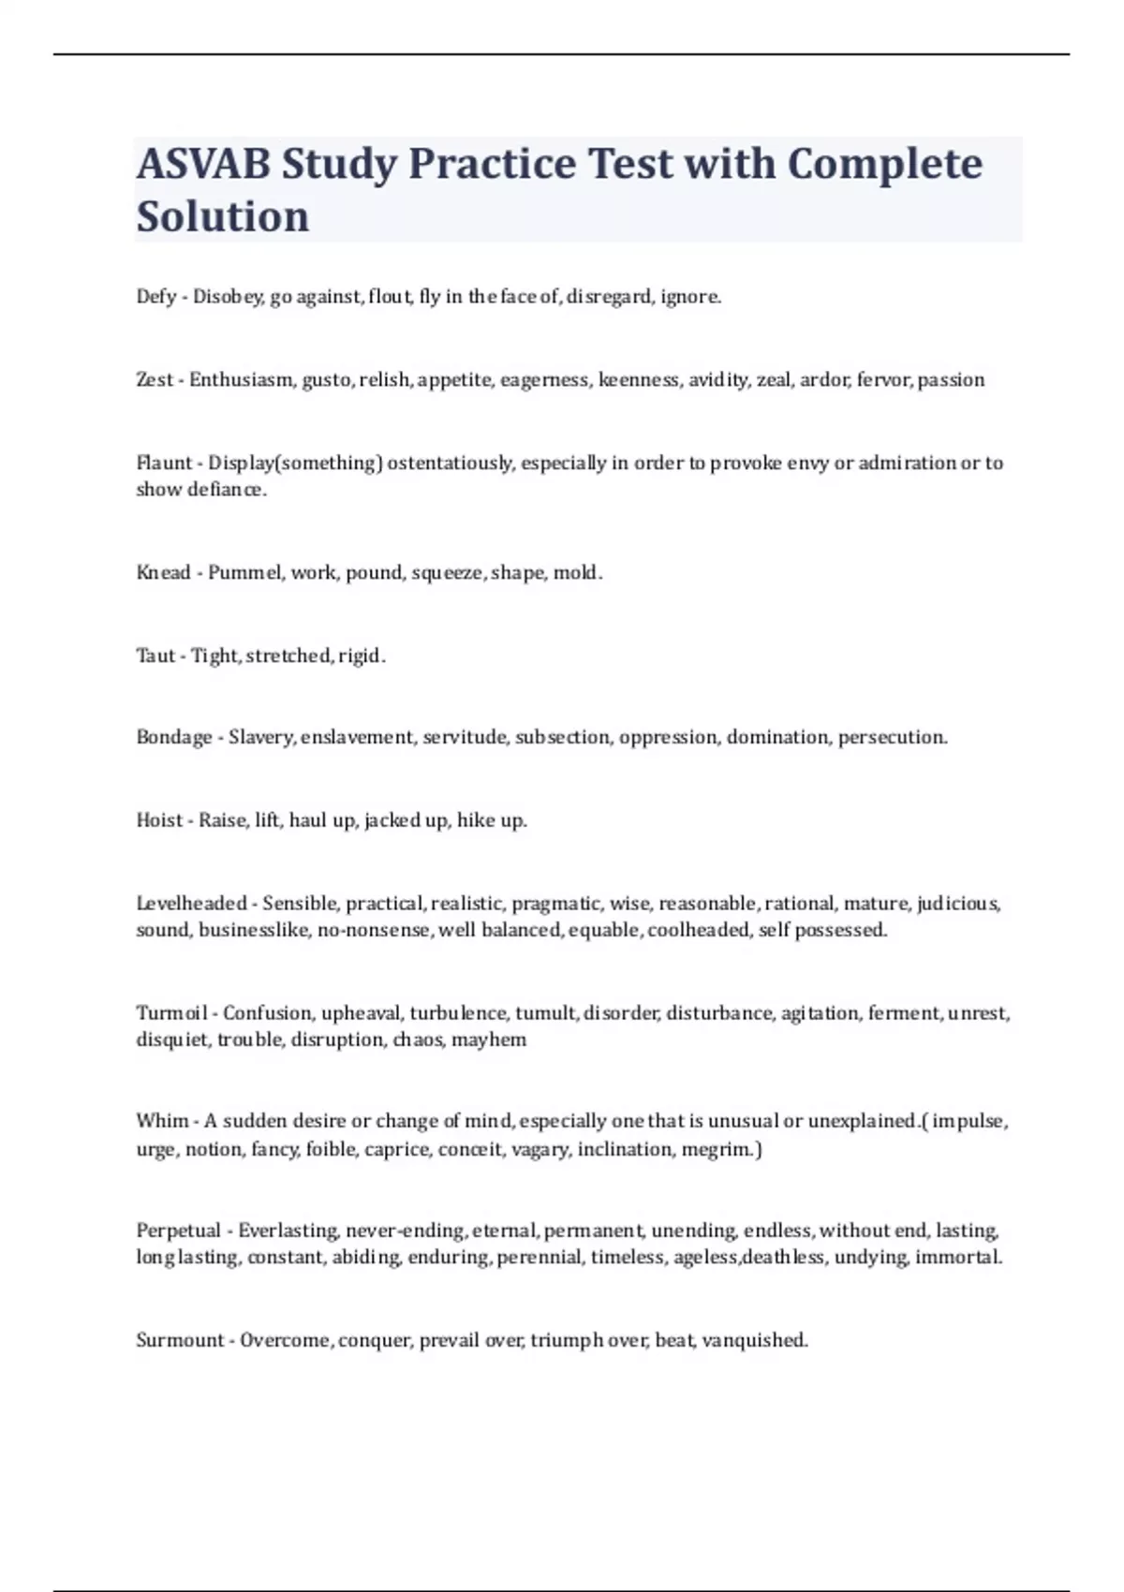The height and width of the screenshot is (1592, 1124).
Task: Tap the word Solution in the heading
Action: coord(223,216)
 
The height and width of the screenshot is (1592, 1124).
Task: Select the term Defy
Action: coord(156,297)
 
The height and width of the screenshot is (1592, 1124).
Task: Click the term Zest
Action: coord(155,379)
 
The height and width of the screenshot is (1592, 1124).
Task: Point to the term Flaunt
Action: coord(164,463)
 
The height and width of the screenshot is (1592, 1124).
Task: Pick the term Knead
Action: coord(163,572)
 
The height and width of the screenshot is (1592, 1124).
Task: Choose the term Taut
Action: coord(155,656)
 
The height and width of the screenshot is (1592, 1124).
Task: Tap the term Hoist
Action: coord(159,820)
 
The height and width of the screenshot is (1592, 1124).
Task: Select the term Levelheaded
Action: coord(191,904)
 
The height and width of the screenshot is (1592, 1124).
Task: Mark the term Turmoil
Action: coord(171,1013)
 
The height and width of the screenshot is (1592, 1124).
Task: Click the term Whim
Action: coord(162,1121)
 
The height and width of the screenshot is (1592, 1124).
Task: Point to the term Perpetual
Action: coord(178,1231)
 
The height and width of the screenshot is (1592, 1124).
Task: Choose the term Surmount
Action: coord(181,1340)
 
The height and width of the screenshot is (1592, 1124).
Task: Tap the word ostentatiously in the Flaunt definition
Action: coord(451,463)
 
